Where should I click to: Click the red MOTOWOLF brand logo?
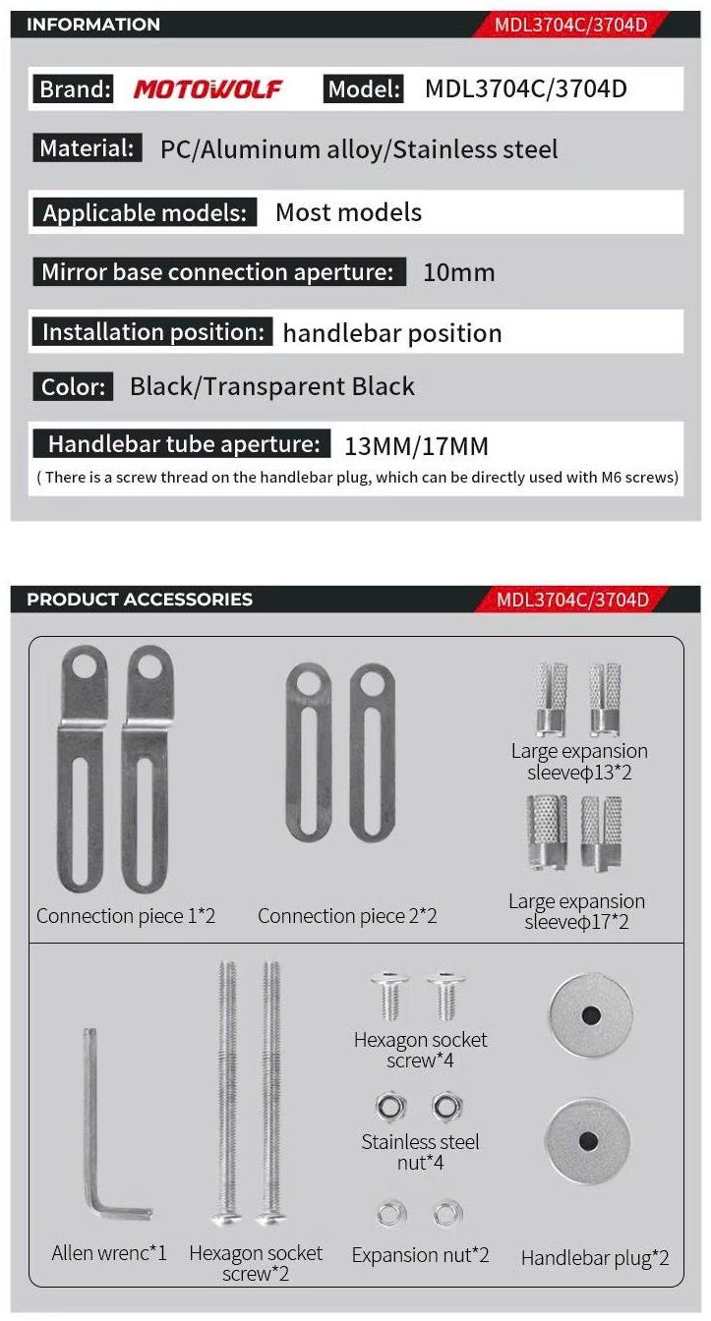coord(207,89)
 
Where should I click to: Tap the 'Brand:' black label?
coord(75,89)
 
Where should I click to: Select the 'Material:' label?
coord(87,148)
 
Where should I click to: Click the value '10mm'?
coord(458,272)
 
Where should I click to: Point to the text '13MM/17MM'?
coord(416,446)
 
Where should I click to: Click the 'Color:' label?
coord(73,386)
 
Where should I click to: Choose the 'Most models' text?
coord(348,212)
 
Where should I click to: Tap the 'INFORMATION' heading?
coord(93,25)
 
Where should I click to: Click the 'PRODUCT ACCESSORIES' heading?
coord(140,599)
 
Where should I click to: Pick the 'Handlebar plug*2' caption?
coord(595,1257)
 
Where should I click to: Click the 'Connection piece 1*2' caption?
coord(126,916)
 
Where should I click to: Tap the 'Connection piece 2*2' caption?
coord(347,916)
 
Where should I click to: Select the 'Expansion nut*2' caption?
coord(420,1255)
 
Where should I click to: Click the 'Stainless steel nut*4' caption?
coord(420,1152)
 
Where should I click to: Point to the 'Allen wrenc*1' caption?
coord(109,1253)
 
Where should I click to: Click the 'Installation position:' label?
coord(151,332)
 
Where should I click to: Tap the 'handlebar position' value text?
coord(392,333)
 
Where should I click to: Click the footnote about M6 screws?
coord(358,478)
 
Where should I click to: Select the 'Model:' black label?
coord(364,89)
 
